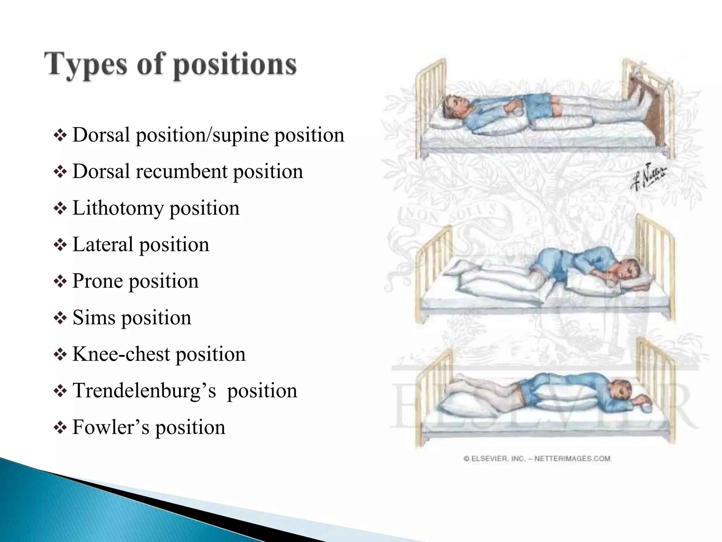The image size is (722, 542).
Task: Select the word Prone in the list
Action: click(97, 281)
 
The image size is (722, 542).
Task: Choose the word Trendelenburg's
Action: click(144, 391)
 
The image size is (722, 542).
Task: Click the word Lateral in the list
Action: click(103, 244)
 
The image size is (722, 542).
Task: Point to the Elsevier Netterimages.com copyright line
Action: click(537, 459)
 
